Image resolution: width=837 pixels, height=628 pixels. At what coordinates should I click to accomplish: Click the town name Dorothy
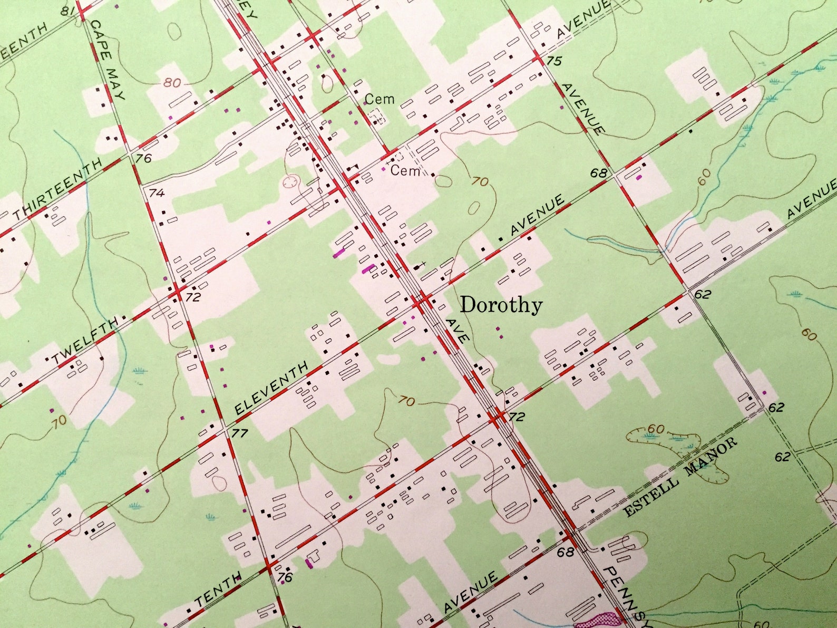[x=501, y=305]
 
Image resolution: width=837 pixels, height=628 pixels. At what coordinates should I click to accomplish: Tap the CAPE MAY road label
[x=109, y=59]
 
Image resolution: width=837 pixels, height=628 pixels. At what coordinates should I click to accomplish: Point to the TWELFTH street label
[x=84, y=341]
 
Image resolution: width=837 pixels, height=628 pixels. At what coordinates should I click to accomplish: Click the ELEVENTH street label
[x=271, y=388]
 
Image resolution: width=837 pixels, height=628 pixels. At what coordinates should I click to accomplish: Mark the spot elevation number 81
[x=66, y=11]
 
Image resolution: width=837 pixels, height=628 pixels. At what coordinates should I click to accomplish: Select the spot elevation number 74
[x=157, y=193]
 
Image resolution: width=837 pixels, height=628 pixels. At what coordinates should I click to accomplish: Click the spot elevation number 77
[x=240, y=433]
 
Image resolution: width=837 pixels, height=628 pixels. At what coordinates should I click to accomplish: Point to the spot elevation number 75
[x=553, y=61]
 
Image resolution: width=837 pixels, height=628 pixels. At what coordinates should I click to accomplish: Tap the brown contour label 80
[x=172, y=83]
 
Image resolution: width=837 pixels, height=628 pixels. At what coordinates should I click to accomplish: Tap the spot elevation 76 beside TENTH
[x=285, y=577]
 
